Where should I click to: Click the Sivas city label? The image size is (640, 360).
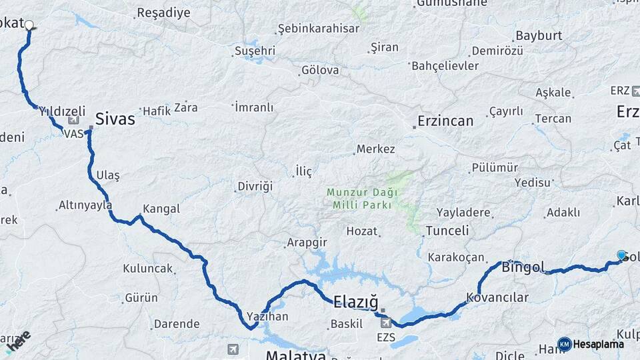point(115,119)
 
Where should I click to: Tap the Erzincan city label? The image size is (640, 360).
point(445,121)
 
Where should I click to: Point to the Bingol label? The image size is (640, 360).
point(523,268)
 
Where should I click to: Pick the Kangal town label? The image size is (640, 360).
point(161,209)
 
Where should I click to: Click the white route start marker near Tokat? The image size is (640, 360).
point(29,25)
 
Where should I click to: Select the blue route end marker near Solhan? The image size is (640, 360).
point(621,255)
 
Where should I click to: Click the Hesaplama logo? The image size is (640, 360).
point(591,344)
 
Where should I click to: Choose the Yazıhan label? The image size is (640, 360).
point(267,316)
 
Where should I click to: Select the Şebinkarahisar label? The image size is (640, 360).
point(319,29)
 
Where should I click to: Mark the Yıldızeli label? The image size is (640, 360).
point(62,111)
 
